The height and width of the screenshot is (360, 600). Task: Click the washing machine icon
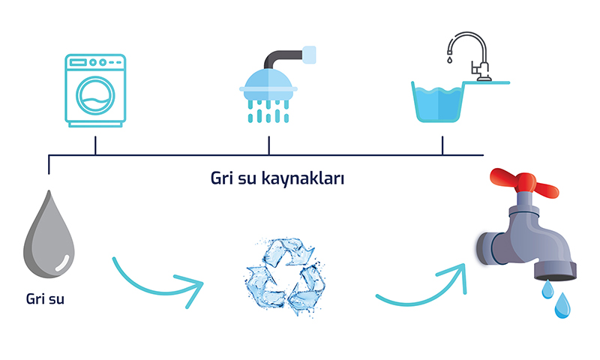coord(95,89)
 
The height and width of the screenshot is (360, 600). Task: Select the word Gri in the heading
coord(222,180)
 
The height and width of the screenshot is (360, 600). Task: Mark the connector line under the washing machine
coord(95,146)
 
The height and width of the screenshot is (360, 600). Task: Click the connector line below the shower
coord(268,146)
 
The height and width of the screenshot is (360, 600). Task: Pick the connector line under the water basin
coord(442,146)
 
